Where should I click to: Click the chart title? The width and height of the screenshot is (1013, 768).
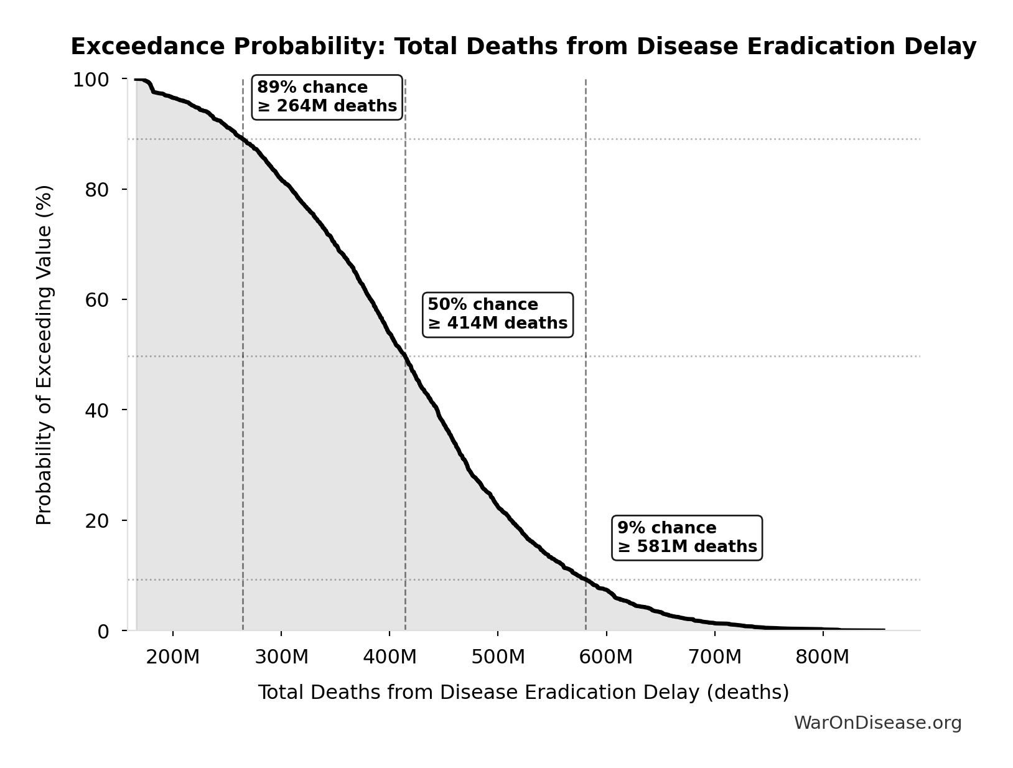[x=523, y=47]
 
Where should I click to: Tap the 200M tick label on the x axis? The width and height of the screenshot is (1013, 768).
[x=172, y=657]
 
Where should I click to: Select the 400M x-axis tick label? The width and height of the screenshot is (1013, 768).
[x=390, y=657]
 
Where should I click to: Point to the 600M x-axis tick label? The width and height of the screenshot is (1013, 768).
[x=606, y=657]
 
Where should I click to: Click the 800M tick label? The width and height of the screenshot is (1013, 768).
[x=823, y=657]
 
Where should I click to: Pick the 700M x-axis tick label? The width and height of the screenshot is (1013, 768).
[x=714, y=657]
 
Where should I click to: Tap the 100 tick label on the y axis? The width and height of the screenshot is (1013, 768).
[x=91, y=80]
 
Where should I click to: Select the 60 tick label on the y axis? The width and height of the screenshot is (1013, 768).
[x=97, y=300]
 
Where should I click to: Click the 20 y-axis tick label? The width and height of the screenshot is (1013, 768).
[x=97, y=520]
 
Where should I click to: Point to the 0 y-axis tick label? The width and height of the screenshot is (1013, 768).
[x=103, y=631]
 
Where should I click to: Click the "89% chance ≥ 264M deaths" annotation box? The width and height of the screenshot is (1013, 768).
[x=327, y=97]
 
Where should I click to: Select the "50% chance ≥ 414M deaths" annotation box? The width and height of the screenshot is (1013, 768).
[x=497, y=314]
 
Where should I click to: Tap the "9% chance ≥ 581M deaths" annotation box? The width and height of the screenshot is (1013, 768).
[x=687, y=537]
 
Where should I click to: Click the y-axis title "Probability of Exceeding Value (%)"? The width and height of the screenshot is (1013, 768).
[x=44, y=355]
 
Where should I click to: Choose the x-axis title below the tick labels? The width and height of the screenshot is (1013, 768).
[x=523, y=692]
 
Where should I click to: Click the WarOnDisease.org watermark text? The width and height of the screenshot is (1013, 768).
[x=877, y=723]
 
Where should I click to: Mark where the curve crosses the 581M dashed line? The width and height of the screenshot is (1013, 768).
[x=586, y=579]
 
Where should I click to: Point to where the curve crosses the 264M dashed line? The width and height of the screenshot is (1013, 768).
[x=243, y=139]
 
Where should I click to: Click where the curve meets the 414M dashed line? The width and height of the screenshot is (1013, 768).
[x=405, y=356]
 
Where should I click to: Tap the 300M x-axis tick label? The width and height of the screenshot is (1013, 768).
[x=281, y=657]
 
